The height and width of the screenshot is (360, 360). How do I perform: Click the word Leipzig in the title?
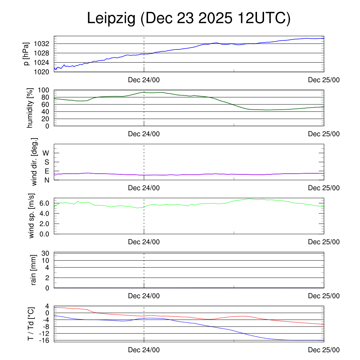[x=111, y=19]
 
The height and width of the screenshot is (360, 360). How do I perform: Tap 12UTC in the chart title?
[x=263, y=19]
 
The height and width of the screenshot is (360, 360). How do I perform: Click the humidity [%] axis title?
[x=31, y=108]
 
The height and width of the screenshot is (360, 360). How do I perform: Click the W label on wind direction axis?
[x=46, y=153]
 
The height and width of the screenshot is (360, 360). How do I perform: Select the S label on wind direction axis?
[x=46, y=162]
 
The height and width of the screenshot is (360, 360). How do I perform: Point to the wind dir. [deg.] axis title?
[x=34, y=162]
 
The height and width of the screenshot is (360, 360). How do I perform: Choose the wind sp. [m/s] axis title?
[x=32, y=216]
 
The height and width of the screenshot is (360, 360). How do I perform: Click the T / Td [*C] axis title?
[x=31, y=323]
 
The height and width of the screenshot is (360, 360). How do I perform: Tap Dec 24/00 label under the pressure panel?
[x=144, y=80]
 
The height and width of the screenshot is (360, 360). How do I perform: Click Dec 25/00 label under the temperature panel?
[x=324, y=350]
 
